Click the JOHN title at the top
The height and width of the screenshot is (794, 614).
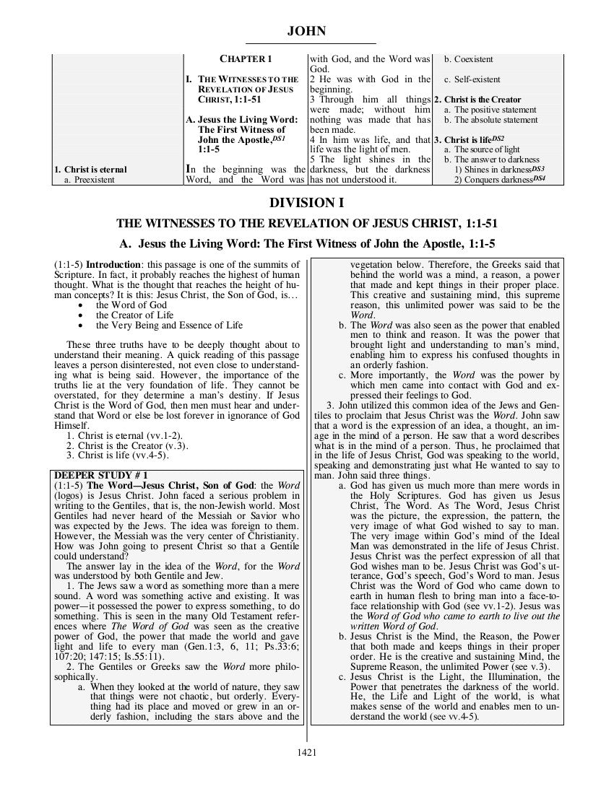(x=306, y=31)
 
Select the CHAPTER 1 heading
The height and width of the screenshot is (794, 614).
(x=246, y=58)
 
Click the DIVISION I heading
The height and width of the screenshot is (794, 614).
(x=306, y=204)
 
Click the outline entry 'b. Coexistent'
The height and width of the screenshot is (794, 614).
(x=468, y=58)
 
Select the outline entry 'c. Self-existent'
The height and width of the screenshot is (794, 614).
(x=472, y=79)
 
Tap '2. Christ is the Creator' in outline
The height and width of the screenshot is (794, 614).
(x=477, y=100)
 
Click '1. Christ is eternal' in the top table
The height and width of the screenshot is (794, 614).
(x=91, y=170)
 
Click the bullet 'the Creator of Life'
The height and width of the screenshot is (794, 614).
(x=134, y=315)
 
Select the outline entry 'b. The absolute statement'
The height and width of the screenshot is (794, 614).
(x=490, y=120)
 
